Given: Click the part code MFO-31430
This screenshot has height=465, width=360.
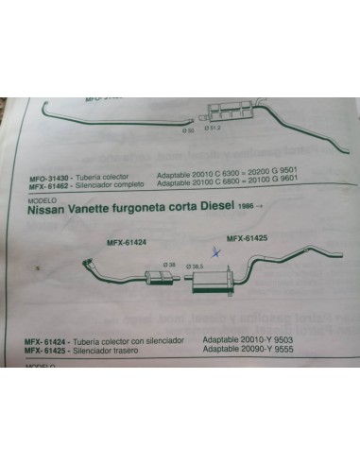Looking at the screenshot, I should point(43,176).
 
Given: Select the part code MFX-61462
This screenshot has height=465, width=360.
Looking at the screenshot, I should point(43,184).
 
